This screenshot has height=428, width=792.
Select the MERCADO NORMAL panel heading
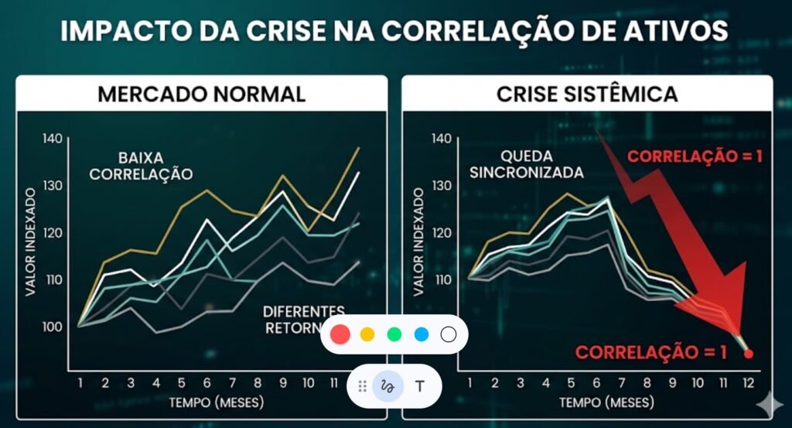[x=201, y=94]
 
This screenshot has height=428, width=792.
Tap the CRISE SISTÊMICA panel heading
[x=586, y=94]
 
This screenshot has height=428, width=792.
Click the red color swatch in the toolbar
[x=340, y=334]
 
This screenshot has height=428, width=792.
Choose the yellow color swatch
[x=367, y=334]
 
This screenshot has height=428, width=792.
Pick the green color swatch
[x=394, y=334]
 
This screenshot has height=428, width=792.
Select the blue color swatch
[x=422, y=334]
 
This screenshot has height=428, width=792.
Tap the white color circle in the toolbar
[x=449, y=334]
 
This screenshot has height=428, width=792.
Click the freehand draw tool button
[x=388, y=385]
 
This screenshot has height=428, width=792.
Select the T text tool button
[x=419, y=385]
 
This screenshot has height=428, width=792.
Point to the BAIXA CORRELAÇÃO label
[x=141, y=165]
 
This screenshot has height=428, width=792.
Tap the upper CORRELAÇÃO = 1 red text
[x=695, y=156]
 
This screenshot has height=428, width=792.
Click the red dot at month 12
[x=748, y=354]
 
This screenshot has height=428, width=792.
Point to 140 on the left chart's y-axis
[x=52, y=139]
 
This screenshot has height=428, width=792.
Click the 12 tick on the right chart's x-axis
[x=747, y=383]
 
